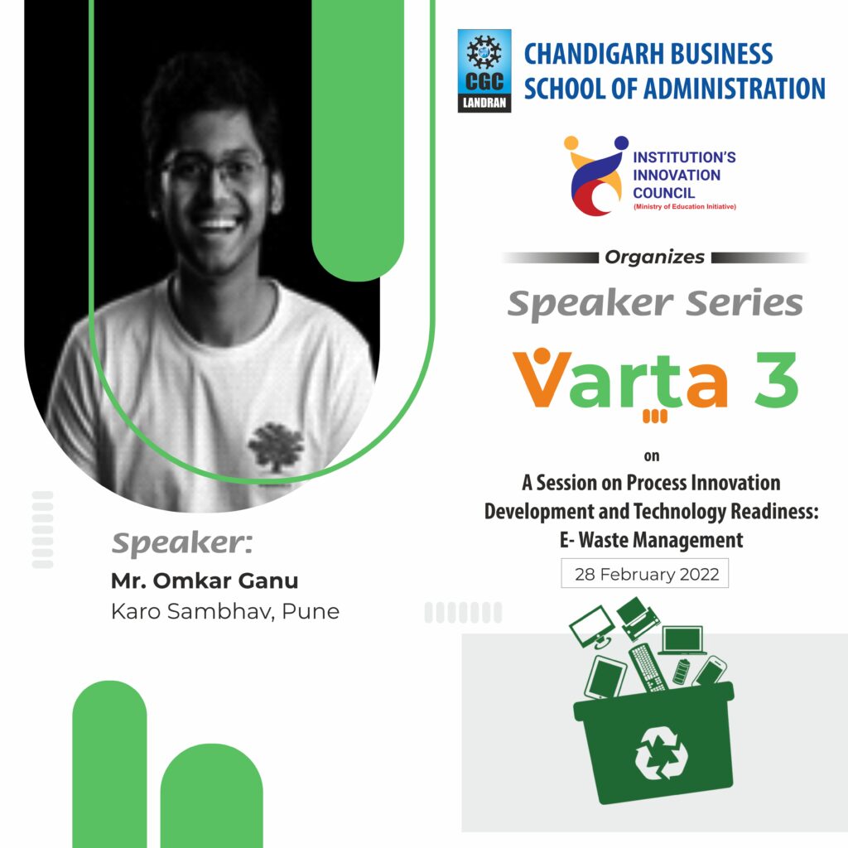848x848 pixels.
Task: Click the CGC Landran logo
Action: click(484, 71)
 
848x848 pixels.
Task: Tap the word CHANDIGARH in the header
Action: click(594, 54)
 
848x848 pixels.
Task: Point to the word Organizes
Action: click(655, 258)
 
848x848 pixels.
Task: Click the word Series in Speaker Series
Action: click(744, 303)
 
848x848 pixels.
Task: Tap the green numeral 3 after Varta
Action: click(776, 379)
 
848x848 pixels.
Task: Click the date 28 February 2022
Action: click(647, 574)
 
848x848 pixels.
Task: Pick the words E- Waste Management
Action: click(651, 540)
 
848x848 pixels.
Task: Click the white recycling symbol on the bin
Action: click(661, 753)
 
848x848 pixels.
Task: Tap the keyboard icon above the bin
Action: click(648, 667)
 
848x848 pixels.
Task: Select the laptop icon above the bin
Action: click(683, 641)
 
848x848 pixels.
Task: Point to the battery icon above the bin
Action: click(682, 671)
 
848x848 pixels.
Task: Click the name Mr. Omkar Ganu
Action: click(205, 581)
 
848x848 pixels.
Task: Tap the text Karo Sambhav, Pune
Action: click(225, 612)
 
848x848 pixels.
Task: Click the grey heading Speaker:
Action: click(182, 543)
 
